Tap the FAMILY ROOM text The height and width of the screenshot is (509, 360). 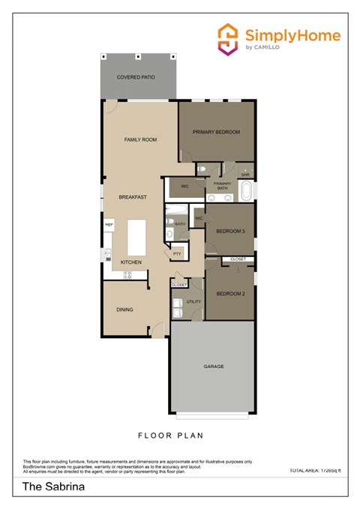(x=140, y=139)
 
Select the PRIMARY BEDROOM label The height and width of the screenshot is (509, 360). (x=216, y=132)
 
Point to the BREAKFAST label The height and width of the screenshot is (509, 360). (x=132, y=197)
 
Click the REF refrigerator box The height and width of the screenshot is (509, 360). (x=109, y=224)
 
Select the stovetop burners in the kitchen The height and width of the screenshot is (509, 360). (x=127, y=275)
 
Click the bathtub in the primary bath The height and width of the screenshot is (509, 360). (x=245, y=191)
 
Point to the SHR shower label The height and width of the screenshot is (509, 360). (x=245, y=175)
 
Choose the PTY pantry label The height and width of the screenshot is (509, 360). (x=177, y=254)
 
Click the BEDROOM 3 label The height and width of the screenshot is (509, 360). (x=229, y=232)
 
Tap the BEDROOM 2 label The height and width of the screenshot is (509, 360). (x=229, y=294)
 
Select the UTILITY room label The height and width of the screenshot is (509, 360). (x=193, y=301)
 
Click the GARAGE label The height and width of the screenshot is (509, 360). (x=214, y=367)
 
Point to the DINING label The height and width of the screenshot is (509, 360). (x=124, y=309)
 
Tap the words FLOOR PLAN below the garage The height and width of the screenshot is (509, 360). (x=171, y=435)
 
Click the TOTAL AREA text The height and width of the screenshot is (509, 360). (x=314, y=470)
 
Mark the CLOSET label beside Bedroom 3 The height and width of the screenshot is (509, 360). (x=238, y=259)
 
